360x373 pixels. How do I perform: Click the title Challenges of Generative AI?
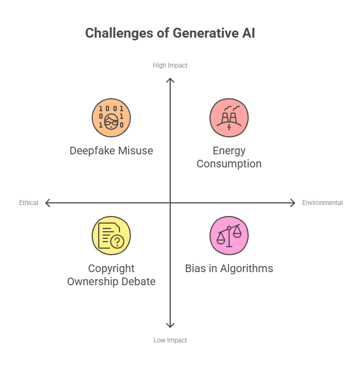pos(170,33)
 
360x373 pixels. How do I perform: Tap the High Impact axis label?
pos(170,65)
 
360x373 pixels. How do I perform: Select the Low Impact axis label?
pos(170,340)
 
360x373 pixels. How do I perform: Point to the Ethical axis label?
pos(28,203)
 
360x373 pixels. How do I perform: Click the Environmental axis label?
pos(322,203)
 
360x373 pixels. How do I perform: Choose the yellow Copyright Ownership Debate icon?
pos(111,236)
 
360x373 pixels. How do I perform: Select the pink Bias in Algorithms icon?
pos(229,236)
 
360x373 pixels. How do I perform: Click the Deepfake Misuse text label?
pos(111,151)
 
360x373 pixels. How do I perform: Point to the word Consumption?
pos(229,164)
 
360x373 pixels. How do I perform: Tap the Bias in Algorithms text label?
pos(229,268)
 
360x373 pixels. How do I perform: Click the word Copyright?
pos(111,268)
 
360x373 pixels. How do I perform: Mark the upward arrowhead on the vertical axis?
pos(170,80)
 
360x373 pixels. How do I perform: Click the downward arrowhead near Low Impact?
pos(170,326)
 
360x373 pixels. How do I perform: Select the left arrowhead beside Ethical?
pos(47,203)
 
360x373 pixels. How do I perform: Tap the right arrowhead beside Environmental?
pos(293,203)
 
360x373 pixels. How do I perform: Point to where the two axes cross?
pos(170,203)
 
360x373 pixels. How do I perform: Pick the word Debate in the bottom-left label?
pos(139,281)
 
